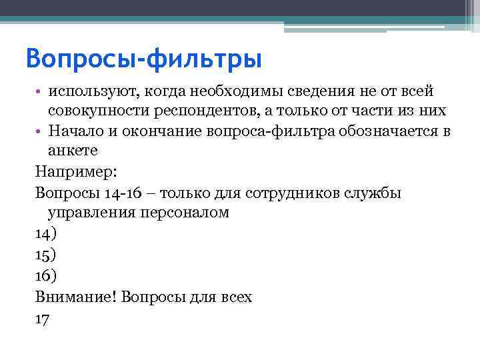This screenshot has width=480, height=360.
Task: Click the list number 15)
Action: click(46, 255)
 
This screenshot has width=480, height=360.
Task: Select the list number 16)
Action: click(46, 276)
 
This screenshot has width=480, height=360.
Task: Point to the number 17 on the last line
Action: click(42, 318)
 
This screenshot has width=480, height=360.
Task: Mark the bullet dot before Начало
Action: click(39, 131)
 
